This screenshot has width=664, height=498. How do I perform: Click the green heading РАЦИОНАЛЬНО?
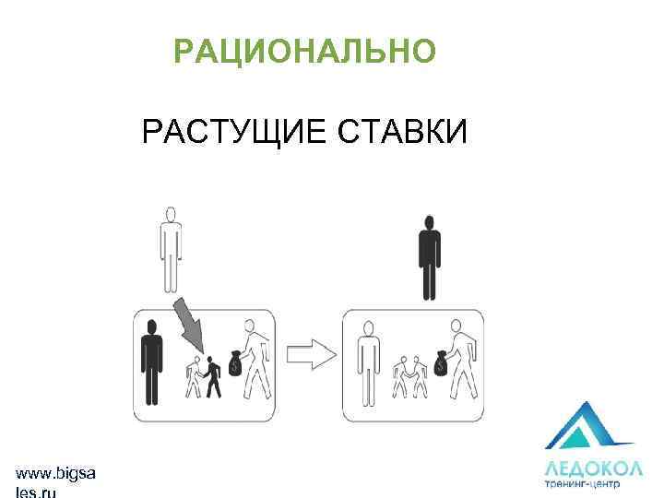(x=303, y=53)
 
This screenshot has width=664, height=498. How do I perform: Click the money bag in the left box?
(x=236, y=363)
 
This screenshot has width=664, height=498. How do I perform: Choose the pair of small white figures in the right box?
(x=410, y=376)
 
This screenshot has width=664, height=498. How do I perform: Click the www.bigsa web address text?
(x=55, y=473)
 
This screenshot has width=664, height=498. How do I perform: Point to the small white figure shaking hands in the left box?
(x=196, y=377)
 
